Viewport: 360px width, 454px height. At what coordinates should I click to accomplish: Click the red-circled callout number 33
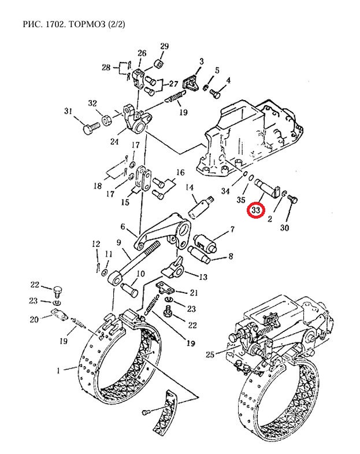click(x=256, y=209)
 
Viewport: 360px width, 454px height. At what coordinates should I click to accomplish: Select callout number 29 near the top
click(x=164, y=47)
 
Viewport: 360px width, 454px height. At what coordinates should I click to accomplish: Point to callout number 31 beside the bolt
click(x=68, y=111)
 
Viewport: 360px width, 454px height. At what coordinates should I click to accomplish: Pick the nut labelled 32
click(x=107, y=120)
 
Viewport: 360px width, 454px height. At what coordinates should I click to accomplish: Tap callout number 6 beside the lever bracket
click(x=123, y=227)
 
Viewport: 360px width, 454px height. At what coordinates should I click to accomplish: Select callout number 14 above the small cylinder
click(x=189, y=187)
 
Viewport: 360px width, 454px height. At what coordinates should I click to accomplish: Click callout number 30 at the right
click(x=284, y=228)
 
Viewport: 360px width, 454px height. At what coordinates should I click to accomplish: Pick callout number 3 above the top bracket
click(x=202, y=61)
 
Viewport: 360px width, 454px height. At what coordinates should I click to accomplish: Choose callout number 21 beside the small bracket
click(x=194, y=293)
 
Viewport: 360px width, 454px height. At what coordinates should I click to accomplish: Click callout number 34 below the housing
click(x=225, y=191)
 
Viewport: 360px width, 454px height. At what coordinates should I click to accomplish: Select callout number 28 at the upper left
click(x=106, y=68)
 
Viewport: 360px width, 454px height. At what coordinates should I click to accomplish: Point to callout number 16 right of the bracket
click(x=180, y=172)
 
